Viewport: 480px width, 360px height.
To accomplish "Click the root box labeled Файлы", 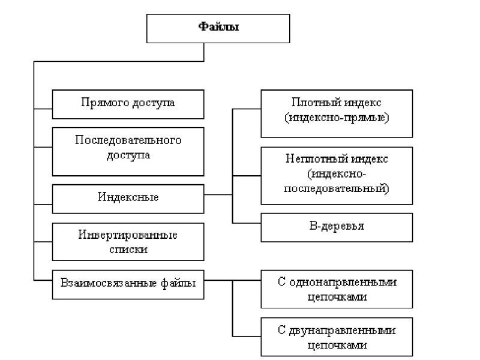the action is [218, 28].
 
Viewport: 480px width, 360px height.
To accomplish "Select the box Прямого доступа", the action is [128, 104].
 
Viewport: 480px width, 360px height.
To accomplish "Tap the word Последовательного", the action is [128, 140].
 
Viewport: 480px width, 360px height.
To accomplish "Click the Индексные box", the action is [128, 199].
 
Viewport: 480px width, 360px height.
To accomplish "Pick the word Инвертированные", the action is [128, 235].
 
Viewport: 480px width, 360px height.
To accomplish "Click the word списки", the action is [128, 249].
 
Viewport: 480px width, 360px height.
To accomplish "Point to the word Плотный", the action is [312, 102].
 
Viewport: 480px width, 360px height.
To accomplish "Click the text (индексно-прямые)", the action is [337, 118].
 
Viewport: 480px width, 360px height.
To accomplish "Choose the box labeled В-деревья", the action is [337, 227].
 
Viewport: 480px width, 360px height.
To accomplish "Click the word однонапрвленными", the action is [343, 281].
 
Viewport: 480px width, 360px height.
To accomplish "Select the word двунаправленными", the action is [342, 331].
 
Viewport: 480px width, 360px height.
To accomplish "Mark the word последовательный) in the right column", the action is [337, 188].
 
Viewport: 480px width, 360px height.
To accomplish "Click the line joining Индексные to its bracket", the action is [218, 194].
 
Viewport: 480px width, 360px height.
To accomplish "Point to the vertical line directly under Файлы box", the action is [204, 52].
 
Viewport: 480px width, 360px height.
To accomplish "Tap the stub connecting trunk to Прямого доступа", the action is [43, 109].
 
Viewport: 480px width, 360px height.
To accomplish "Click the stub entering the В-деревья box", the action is [247, 223].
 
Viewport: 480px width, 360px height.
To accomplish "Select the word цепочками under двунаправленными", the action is [337, 345].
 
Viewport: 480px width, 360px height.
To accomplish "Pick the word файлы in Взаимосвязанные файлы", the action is [178, 283].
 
